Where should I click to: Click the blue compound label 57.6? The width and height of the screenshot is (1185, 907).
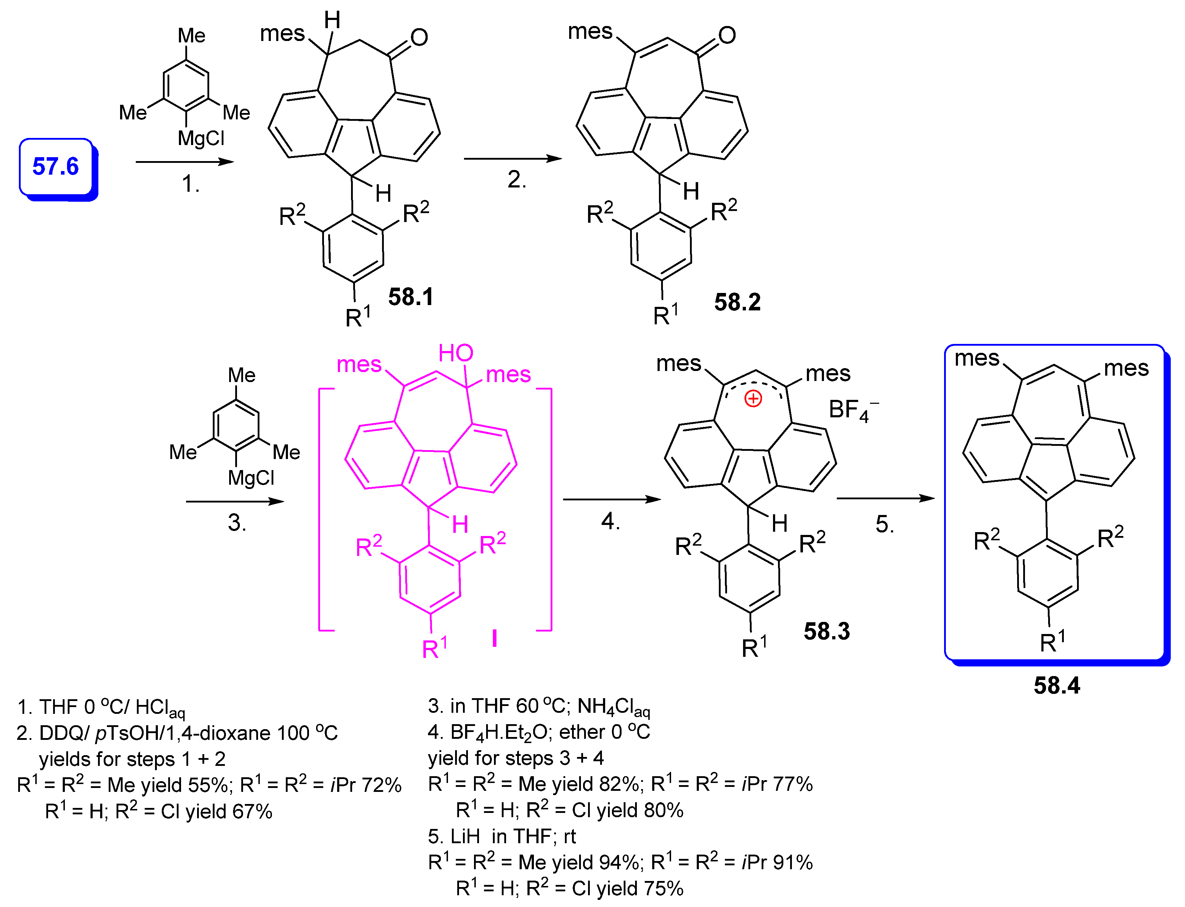tap(55, 166)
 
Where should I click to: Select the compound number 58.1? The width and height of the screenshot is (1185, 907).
tap(410, 297)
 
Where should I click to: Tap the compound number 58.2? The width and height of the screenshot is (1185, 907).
tap(737, 302)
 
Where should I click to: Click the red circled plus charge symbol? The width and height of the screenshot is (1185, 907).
tap(753, 399)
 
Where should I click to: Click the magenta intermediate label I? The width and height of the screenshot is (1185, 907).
tap(495, 639)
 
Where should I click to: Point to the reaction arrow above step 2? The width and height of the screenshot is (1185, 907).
tap(512, 158)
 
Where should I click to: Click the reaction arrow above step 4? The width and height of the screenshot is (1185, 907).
tap(611, 499)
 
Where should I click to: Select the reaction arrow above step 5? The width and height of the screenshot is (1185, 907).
tap(885, 498)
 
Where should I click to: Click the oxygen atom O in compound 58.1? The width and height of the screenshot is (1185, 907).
tap(419, 37)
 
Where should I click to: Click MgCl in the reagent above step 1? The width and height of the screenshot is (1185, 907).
tap(201, 139)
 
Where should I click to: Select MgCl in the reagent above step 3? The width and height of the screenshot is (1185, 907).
tap(251, 478)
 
